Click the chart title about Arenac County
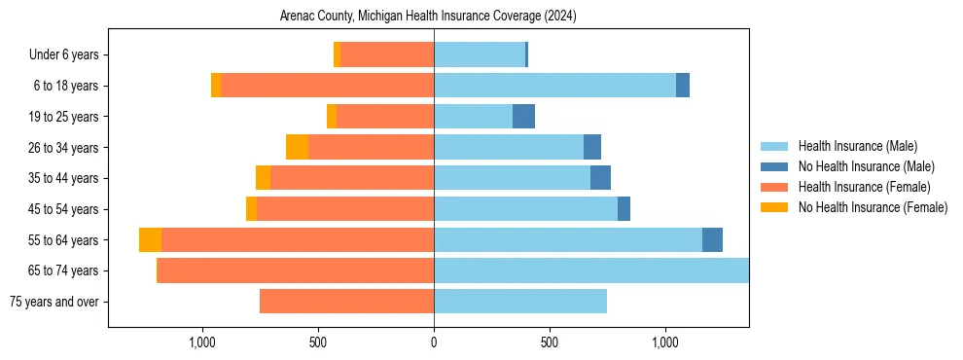click(428, 17)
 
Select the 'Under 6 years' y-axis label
click(70, 55)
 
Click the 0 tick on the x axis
click(434, 342)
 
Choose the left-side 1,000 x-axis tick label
click(202, 342)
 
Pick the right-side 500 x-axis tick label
click(550, 342)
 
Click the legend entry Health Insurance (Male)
click(857, 147)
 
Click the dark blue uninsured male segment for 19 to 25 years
click(523, 117)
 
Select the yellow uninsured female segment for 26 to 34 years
click(297, 147)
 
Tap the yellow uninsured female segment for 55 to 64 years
click(150, 240)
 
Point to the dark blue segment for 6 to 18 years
click(683, 86)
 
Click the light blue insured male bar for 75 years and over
click(520, 302)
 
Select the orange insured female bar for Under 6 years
click(387, 55)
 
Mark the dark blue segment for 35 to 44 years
click(600, 178)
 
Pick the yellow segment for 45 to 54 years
click(251, 209)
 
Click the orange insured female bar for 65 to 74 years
click(296, 270)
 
